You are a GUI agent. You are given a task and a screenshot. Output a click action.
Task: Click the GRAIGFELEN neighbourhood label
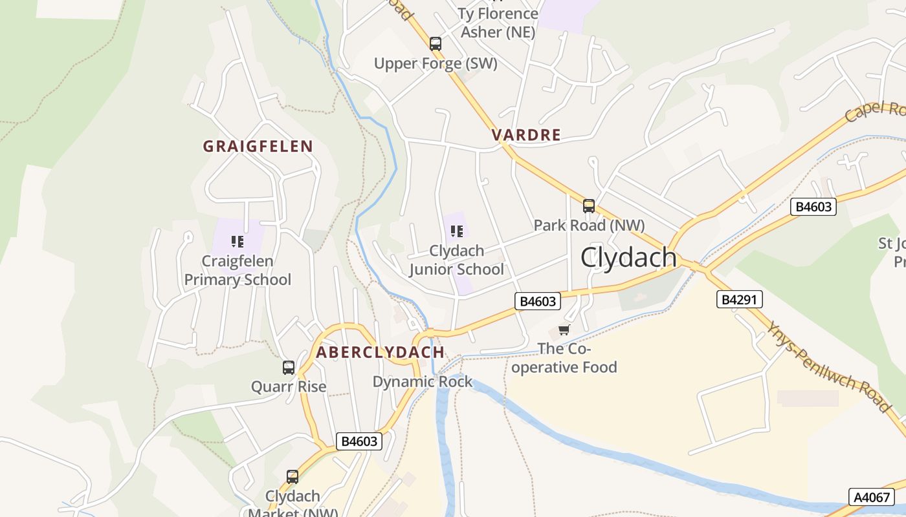[x=258, y=147]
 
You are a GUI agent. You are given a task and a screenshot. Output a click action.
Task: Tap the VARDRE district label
[x=525, y=135]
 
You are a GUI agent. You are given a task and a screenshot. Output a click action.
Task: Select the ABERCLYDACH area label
[x=380, y=353]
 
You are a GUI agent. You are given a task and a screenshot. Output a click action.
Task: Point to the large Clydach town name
[x=628, y=257]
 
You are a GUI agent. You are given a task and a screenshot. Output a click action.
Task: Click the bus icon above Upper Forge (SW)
[x=436, y=44]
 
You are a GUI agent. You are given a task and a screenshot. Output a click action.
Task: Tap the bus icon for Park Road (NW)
[x=588, y=206]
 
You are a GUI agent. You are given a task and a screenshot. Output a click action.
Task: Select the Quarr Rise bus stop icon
[x=289, y=368]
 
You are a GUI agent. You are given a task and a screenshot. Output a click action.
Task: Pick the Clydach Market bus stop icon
[x=293, y=477]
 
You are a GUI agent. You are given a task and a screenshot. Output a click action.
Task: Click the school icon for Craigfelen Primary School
[x=238, y=242]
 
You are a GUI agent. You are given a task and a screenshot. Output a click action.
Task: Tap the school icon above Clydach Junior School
[x=456, y=231]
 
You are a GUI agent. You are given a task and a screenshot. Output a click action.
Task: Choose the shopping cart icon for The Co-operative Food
[x=564, y=330]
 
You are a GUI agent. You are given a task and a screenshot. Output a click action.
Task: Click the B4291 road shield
[x=740, y=299]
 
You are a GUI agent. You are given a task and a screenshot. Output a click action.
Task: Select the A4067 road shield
[x=871, y=497]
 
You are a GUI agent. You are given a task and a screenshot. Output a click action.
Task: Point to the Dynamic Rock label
[x=423, y=382]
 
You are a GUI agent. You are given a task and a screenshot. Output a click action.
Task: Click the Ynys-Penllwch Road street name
[x=829, y=366]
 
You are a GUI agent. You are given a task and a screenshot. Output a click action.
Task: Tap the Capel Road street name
[x=875, y=111]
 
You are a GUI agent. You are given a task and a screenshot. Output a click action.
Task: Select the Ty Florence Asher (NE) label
[x=498, y=23]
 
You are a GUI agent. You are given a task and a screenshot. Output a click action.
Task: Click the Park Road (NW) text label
[x=589, y=226]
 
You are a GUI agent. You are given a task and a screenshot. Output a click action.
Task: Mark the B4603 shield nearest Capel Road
[x=813, y=207]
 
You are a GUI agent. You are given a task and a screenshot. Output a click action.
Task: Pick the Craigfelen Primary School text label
[x=238, y=271]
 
